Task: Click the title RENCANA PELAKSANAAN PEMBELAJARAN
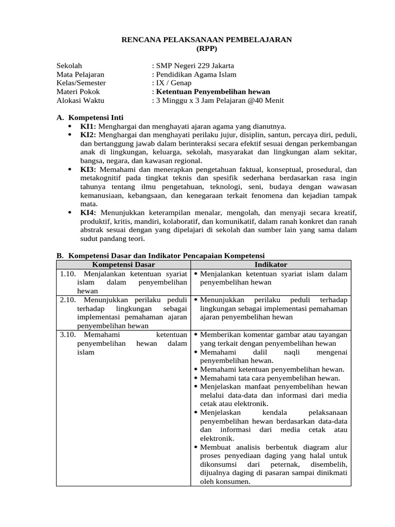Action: [x=206, y=40]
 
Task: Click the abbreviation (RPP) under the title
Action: [x=207, y=49]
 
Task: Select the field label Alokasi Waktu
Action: [x=80, y=101]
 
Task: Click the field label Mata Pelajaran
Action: [x=80, y=75]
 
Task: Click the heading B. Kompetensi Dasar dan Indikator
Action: [x=159, y=255]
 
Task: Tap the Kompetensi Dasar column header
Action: [x=123, y=265]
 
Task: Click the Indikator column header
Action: [x=271, y=265]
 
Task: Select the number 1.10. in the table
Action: [x=68, y=274]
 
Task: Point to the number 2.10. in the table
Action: [x=68, y=300]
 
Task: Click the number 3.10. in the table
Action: [x=68, y=335]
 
